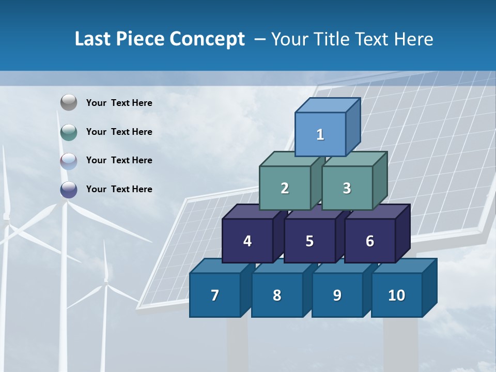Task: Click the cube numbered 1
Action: (320, 134)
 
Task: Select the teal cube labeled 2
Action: (285, 188)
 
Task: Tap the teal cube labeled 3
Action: (347, 188)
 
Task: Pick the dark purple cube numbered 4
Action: (247, 241)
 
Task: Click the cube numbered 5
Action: (309, 241)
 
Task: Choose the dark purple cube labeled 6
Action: (370, 241)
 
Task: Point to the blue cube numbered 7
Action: (215, 295)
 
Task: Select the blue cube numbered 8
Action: (277, 295)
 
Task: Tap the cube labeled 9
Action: (337, 295)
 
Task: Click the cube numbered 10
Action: (396, 295)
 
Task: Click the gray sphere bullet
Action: (69, 103)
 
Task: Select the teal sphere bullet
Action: (69, 132)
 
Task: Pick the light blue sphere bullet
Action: (69, 161)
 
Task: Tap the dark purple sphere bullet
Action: (69, 190)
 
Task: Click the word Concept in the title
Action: (207, 39)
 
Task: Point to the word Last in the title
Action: (94, 39)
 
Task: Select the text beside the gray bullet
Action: (119, 103)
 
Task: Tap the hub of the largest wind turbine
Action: (65, 203)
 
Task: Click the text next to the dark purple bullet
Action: (119, 189)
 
